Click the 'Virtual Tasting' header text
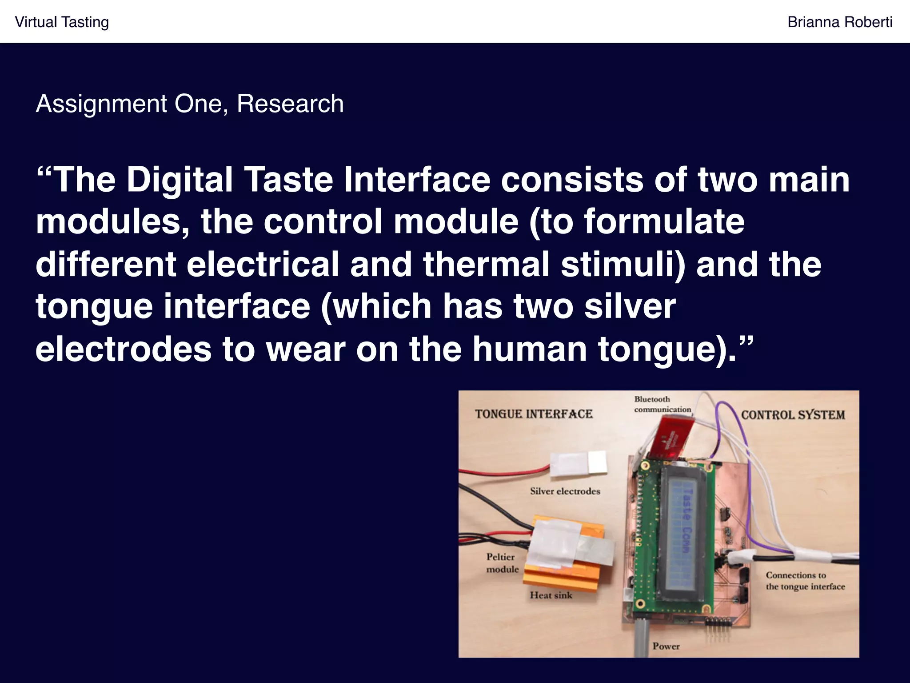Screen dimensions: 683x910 pos(62,22)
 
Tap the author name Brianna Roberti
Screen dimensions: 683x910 pos(840,22)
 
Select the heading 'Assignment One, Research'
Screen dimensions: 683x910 pos(190,104)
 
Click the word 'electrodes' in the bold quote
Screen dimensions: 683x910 pos(123,349)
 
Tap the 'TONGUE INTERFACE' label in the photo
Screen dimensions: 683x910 pos(534,414)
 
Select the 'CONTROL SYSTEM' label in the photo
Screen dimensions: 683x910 pos(793,415)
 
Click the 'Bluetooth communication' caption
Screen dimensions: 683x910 pos(662,404)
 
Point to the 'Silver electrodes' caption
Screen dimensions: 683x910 pos(565,491)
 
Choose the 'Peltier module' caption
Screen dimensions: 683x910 pos(502,563)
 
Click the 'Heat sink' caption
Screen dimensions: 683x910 pos(551,595)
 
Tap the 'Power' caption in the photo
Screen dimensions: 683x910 pos(666,646)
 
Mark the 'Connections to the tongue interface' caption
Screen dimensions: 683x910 pos(805,581)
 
